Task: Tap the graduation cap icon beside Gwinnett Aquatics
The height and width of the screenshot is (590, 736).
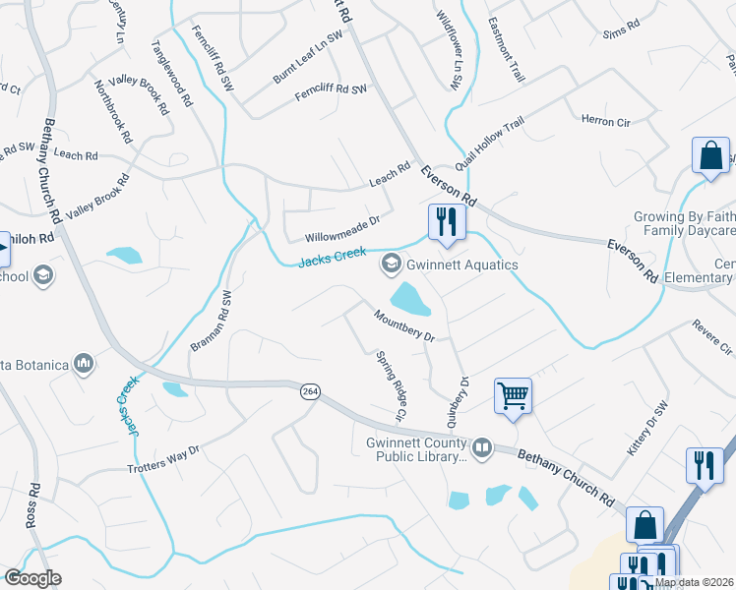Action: (392, 264)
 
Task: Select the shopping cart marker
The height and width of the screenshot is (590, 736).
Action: (513, 396)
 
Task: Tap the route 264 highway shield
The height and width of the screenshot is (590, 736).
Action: (310, 391)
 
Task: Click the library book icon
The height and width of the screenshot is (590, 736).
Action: (482, 449)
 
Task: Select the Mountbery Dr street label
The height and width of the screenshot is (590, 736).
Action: (403, 324)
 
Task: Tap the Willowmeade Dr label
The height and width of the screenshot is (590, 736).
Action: (341, 231)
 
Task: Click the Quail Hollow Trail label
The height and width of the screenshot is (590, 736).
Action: (489, 144)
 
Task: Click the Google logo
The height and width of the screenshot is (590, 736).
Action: (32, 578)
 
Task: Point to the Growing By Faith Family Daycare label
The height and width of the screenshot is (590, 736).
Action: (684, 223)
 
